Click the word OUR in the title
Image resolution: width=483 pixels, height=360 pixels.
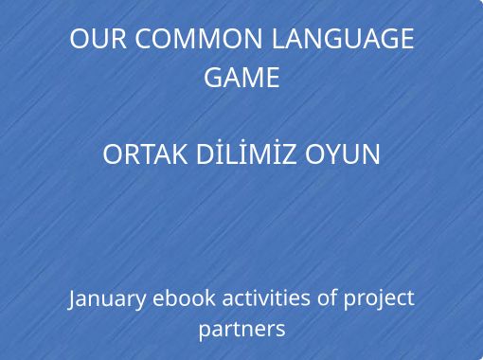pyautogui.click(x=98, y=39)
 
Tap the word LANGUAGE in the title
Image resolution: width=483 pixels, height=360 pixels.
pyautogui.click(x=343, y=39)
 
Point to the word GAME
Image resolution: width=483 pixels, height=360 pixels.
pyautogui.click(x=241, y=78)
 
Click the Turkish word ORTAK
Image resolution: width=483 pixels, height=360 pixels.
pyautogui.click(x=145, y=154)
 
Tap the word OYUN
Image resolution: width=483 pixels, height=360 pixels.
pyautogui.click(x=343, y=154)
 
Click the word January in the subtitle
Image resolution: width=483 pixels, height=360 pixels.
pyautogui.click(x=107, y=298)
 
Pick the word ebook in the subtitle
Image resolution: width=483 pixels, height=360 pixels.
pyautogui.click(x=184, y=297)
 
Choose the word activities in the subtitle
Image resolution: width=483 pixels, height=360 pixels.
pyautogui.click(x=266, y=297)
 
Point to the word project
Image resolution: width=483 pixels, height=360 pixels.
pyautogui.click(x=379, y=298)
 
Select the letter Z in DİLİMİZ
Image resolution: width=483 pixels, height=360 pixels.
pyautogui.click(x=288, y=154)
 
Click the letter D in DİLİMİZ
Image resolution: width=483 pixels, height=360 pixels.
pyautogui.click(x=206, y=154)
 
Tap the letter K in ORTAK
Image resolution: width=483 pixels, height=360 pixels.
pyautogui.click(x=179, y=154)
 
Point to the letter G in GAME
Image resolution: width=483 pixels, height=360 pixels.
pyautogui.click(x=213, y=78)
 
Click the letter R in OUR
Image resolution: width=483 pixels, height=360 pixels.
pyautogui.click(x=119, y=39)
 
